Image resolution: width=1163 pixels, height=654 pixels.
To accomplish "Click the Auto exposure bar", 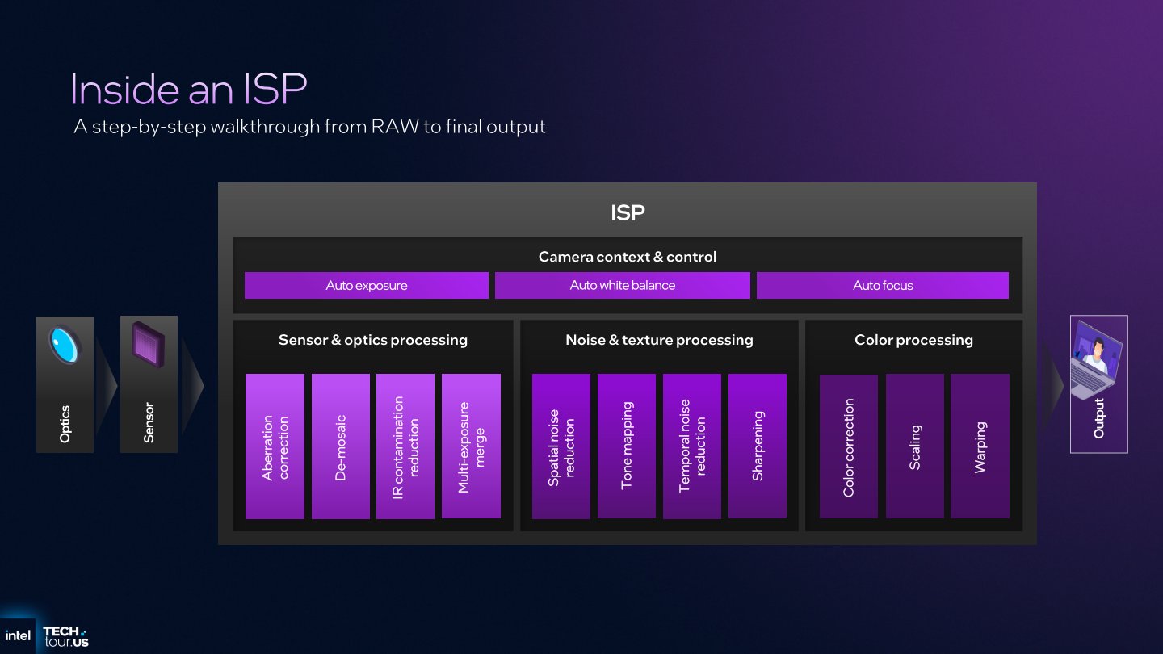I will pyautogui.click(x=366, y=285).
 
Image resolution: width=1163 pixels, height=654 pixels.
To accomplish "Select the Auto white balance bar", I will pyautogui.click(x=622, y=285).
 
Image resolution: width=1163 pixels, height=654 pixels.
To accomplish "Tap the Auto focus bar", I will pyautogui.click(x=882, y=285).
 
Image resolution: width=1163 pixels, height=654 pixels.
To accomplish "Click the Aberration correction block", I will pyautogui.click(x=275, y=446).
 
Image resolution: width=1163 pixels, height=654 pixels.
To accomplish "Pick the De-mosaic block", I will pyautogui.click(x=340, y=446).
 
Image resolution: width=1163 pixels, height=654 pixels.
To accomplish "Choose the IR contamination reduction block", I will pyautogui.click(x=405, y=446).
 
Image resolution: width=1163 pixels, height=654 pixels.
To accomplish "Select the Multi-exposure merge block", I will pyautogui.click(x=471, y=446).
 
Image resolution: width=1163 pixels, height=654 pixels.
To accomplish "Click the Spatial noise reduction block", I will pyautogui.click(x=561, y=446).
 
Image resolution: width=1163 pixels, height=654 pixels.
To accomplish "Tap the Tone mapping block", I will pyautogui.click(x=626, y=446).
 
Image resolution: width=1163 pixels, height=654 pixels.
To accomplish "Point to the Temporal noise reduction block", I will pyautogui.click(x=691, y=446).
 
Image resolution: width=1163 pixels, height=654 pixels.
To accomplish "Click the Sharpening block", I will pyautogui.click(x=757, y=446).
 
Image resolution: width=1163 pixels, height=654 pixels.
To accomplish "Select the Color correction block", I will pyautogui.click(x=848, y=446).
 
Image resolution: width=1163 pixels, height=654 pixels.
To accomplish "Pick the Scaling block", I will pyautogui.click(x=914, y=446).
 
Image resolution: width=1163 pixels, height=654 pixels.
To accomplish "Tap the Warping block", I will pyautogui.click(x=980, y=446).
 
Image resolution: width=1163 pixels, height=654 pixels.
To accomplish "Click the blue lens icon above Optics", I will pyautogui.click(x=65, y=345).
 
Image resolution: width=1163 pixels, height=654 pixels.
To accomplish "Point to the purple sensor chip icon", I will pyautogui.click(x=149, y=345).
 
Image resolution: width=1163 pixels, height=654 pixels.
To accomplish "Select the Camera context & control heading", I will pyautogui.click(x=627, y=257).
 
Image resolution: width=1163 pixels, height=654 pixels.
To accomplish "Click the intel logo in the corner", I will pyautogui.click(x=18, y=635).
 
